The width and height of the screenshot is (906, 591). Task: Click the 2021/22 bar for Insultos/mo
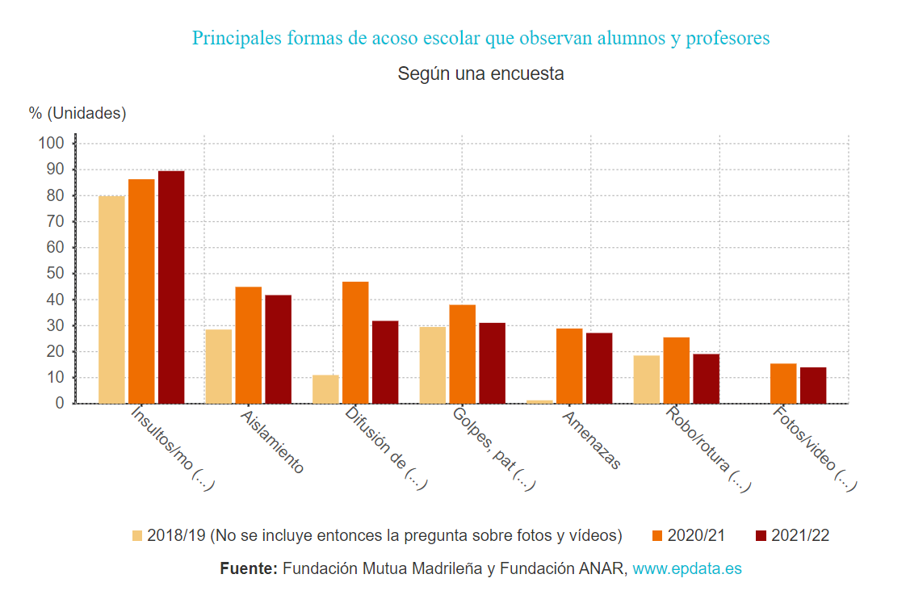[x=171, y=287]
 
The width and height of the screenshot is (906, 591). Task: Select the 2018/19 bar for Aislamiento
[x=219, y=366]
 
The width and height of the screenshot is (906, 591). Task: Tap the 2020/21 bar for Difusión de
[x=355, y=342]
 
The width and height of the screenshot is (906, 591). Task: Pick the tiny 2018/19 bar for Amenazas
[x=540, y=401]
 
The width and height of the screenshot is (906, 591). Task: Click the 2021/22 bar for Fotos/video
[x=813, y=385]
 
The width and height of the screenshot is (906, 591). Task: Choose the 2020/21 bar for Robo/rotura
[x=676, y=371]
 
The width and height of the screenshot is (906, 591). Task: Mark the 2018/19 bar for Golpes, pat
[x=433, y=365]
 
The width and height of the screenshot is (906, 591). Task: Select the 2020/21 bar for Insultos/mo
[x=141, y=291]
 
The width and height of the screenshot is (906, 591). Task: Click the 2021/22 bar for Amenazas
[x=599, y=368]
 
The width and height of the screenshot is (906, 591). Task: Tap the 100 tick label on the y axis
[x=50, y=144]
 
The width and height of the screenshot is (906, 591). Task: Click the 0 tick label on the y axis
[x=59, y=404]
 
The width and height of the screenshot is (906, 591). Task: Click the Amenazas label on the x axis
[x=592, y=440]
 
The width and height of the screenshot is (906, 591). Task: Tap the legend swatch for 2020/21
[x=657, y=535]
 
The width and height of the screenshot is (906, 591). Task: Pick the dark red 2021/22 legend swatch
[x=761, y=535]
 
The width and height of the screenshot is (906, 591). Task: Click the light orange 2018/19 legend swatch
[x=137, y=535]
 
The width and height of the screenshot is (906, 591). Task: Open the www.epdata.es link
[x=686, y=568]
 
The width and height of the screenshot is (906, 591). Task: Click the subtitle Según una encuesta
[x=480, y=73]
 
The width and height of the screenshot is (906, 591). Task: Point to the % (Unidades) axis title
[x=78, y=113]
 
